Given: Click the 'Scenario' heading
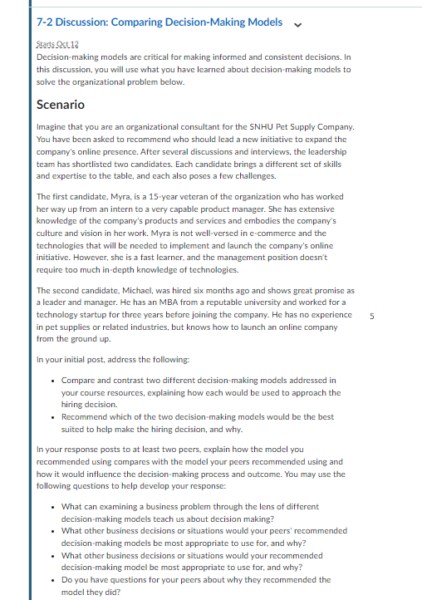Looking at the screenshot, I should [61, 106].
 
